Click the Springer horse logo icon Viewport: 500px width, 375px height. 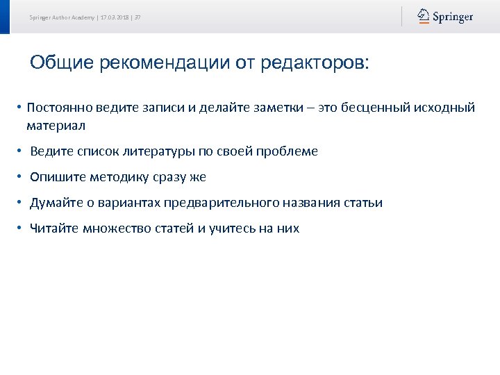[x=423, y=16]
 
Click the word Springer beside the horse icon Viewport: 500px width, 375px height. [x=453, y=17]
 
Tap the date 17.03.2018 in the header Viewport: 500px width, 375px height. [x=115, y=17]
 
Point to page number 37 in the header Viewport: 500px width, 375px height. [x=137, y=17]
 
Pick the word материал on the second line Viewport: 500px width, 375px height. [x=56, y=126]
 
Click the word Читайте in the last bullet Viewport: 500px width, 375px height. [x=53, y=228]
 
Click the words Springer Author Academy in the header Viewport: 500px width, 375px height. [x=61, y=17]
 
